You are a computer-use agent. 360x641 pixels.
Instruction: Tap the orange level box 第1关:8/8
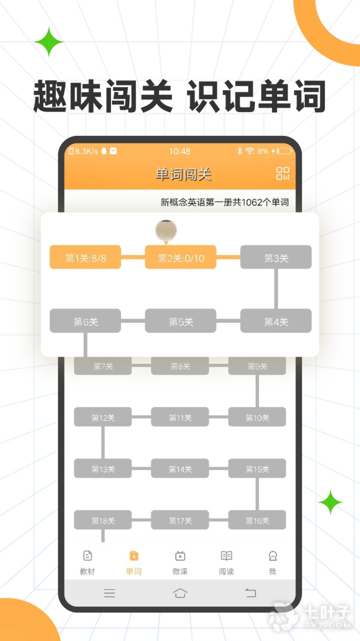pyautogui.click(x=85, y=257)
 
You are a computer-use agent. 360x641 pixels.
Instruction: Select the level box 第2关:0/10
pyautogui.click(x=181, y=257)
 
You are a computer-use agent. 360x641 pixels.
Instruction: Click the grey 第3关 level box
pyautogui.click(x=276, y=257)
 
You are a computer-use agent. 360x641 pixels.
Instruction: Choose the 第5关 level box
pyautogui.click(x=181, y=321)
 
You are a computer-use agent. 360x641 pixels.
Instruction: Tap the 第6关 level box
pyautogui.click(x=85, y=321)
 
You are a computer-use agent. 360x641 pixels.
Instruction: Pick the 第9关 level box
pyautogui.click(x=257, y=366)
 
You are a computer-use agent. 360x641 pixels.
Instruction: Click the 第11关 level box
pyautogui.click(x=180, y=417)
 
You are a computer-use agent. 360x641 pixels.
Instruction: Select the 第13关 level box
pyautogui.click(x=103, y=468)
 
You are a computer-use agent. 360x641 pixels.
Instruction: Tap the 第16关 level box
pyautogui.click(x=257, y=520)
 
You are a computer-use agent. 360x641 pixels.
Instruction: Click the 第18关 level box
pyautogui.click(x=103, y=520)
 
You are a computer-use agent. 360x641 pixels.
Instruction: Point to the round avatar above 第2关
pyautogui.click(x=166, y=230)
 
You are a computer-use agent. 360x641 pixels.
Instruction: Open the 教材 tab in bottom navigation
pyautogui.click(x=87, y=562)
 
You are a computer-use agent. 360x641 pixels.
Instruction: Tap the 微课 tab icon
pyautogui.click(x=180, y=556)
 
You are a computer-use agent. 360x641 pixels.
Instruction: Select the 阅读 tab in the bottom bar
pyautogui.click(x=227, y=562)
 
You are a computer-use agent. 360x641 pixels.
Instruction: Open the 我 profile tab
pyautogui.click(x=273, y=562)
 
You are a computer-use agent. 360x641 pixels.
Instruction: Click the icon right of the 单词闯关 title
pyautogui.click(x=283, y=173)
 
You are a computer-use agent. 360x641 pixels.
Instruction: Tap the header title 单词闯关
pyautogui.click(x=183, y=174)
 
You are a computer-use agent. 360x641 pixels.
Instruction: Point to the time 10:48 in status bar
pyautogui.click(x=180, y=151)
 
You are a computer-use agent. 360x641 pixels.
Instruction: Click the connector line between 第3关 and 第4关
pyautogui.click(x=276, y=289)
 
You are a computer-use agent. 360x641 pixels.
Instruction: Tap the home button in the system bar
pyautogui.click(x=180, y=593)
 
